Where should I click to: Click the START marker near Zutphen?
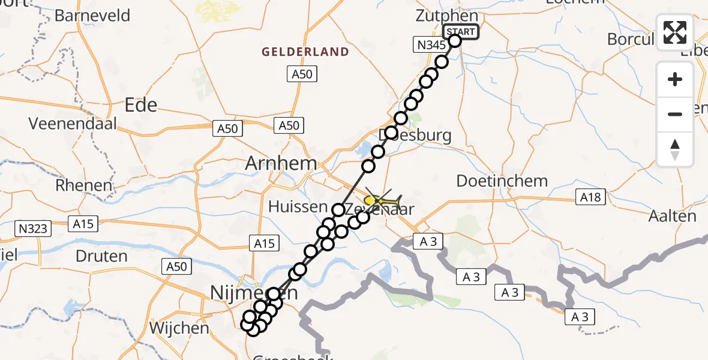pyautogui.click(x=460, y=32)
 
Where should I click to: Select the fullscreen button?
pyautogui.click(x=675, y=32)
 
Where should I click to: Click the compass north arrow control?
pyautogui.click(x=675, y=149)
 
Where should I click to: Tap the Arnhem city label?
pyautogui.click(x=281, y=163)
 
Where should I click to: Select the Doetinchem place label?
pyautogui.click(x=502, y=181)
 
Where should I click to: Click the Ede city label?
pyautogui.click(x=141, y=106)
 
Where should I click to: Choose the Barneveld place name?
pyautogui.click(x=92, y=15)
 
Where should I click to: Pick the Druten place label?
pyautogui.click(x=101, y=256)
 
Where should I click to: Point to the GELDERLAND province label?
pyautogui.click(x=305, y=52)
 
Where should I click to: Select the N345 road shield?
pyautogui.click(x=429, y=44)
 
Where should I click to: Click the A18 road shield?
pyautogui.click(x=590, y=197)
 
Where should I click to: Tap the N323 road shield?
pyautogui.click(x=34, y=228)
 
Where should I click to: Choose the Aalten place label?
pyautogui.click(x=676, y=216)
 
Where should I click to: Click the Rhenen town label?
pyautogui.click(x=83, y=185)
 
